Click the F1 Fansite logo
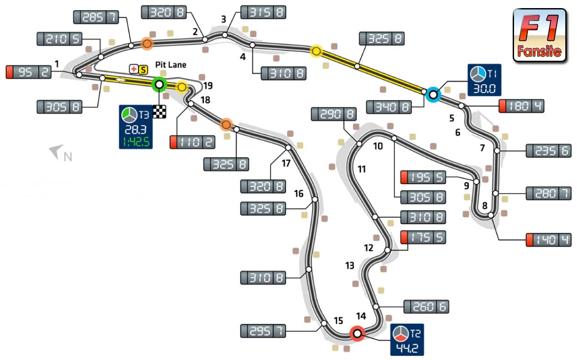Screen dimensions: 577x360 tap(539, 35)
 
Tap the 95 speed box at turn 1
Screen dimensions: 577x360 tap(29, 72)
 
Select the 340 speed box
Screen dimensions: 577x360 tap(389, 107)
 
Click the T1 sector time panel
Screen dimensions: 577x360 tap(484, 80)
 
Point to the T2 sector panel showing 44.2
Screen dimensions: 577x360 tap(407, 340)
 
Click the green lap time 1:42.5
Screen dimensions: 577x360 tap(136, 142)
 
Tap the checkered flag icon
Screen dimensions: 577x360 tap(160, 112)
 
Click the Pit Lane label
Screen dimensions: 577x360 tap(170, 65)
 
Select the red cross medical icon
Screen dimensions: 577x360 tap(134, 69)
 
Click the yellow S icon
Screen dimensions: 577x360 tap(143, 70)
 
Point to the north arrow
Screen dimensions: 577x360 tap(57, 152)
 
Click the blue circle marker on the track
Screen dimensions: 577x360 tap(433, 94)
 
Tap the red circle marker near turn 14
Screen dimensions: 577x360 tap(357, 333)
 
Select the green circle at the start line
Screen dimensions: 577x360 tap(160, 84)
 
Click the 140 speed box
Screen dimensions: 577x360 tap(548, 240)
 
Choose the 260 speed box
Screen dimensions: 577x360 tap(426, 306)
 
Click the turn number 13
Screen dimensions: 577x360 tap(349, 265)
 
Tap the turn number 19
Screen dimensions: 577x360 tap(208, 85)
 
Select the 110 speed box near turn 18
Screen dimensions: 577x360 tap(192, 142)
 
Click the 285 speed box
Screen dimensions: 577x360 tap(96, 17)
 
